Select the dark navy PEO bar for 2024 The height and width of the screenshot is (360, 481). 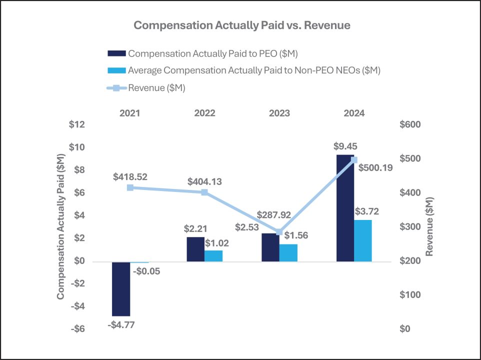coord(345,208)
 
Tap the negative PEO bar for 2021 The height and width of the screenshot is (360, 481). coord(121,288)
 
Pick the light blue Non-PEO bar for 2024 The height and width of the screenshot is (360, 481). coord(363,240)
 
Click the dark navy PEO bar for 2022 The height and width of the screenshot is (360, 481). coord(195,249)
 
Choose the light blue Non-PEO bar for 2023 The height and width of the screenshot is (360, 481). coord(288,252)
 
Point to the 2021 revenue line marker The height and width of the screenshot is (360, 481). coord(130,187)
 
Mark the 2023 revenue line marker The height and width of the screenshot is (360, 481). coord(279,232)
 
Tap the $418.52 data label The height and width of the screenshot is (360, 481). coord(130,176)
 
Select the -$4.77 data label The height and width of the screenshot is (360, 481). coord(121,325)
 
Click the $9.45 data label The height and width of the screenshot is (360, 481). coord(345,147)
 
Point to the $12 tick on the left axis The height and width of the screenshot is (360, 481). coord(77,124)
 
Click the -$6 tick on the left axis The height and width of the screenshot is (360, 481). coord(76,329)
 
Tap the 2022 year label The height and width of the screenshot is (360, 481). coord(204,113)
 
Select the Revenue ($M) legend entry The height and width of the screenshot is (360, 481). coord(156,88)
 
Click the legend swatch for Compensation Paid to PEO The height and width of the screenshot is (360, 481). coord(117,53)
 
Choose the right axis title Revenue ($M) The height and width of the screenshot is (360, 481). coord(429,226)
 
